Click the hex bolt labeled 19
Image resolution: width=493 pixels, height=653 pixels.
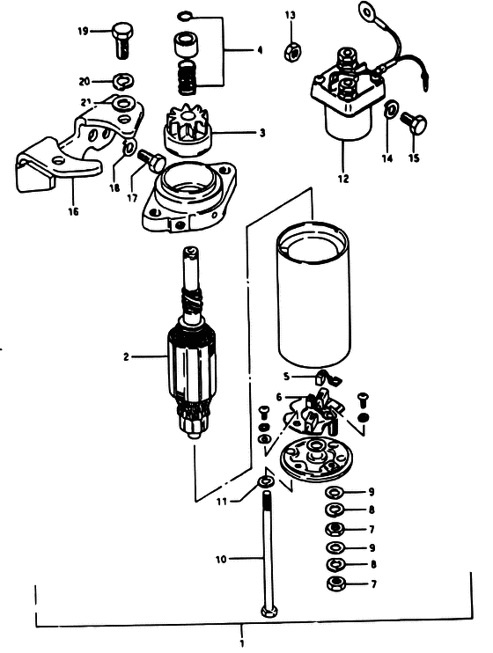click(123, 40)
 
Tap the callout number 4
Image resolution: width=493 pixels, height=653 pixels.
click(260, 50)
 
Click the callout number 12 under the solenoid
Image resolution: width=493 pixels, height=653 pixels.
click(343, 179)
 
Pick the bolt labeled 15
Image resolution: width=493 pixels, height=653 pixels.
click(414, 123)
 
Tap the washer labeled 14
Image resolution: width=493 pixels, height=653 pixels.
click(391, 110)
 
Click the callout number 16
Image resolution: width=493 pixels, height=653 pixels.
click(73, 211)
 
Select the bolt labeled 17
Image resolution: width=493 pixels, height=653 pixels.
click(153, 160)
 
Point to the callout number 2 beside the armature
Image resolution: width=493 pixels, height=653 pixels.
click(126, 357)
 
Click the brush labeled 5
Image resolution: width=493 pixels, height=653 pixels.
click(327, 376)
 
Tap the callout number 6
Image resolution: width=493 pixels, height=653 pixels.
click(279, 397)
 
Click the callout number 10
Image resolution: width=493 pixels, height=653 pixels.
click(221, 559)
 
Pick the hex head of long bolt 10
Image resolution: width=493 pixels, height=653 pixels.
click(269, 612)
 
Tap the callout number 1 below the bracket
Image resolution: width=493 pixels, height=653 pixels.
click(241, 642)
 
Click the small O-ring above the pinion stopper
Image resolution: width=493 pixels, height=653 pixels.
click(185, 17)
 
